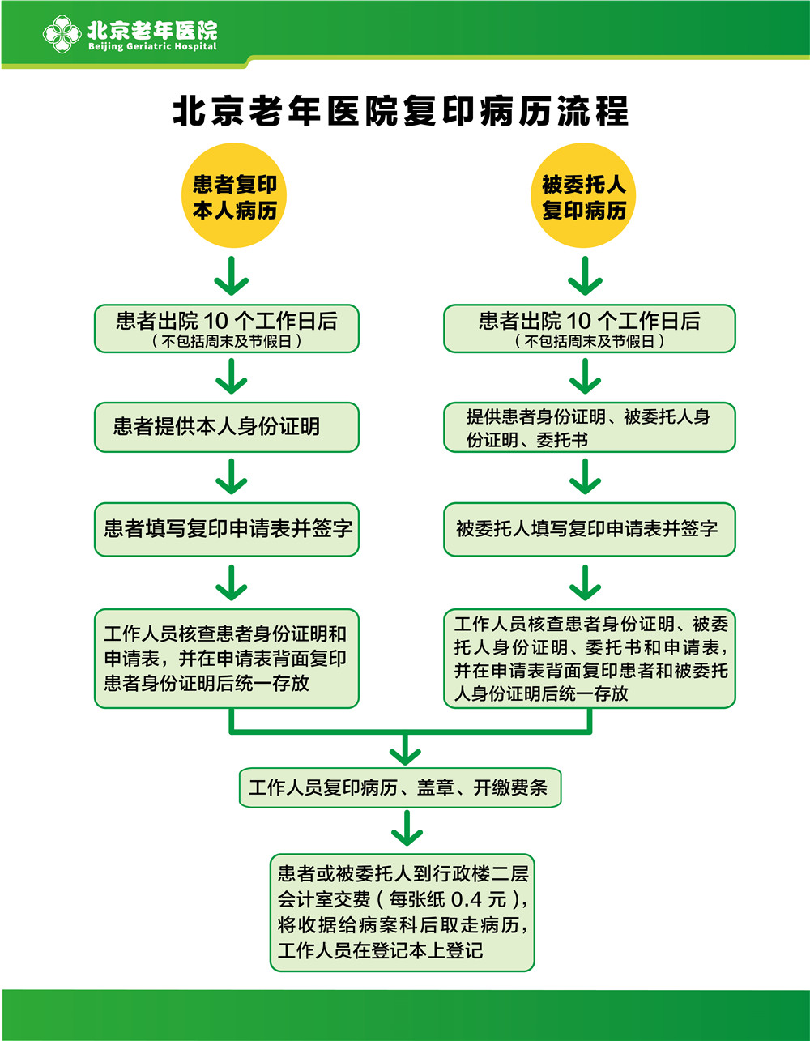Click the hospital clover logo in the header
click(62, 35)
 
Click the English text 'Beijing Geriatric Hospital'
click(152, 47)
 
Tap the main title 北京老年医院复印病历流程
click(400, 111)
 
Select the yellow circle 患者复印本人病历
click(234, 196)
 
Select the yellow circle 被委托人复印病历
click(583, 196)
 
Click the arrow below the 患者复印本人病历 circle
click(232, 276)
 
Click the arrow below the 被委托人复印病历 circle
click(584, 276)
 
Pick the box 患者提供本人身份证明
click(226, 427)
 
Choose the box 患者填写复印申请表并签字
click(226, 529)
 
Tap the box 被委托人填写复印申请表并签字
click(589, 529)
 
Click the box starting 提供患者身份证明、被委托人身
click(589, 427)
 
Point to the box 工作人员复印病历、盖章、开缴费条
click(399, 787)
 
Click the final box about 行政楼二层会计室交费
click(402, 911)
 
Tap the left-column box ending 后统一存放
click(226, 659)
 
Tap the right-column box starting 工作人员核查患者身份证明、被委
click(589, 659)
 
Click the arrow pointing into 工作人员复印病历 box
click(405, 750)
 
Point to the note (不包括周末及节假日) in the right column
click(589, 341)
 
